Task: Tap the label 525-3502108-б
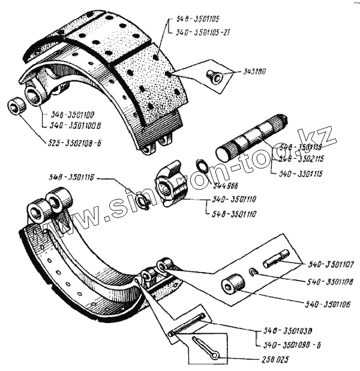point(77,143)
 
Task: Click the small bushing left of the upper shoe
point(17,108)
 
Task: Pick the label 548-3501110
point(235,214)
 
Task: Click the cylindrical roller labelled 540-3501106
point(232,284)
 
